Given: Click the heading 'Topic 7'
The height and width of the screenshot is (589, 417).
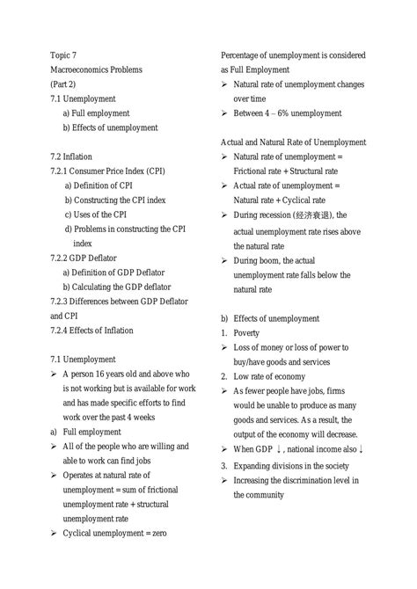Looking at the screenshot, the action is [64, 54].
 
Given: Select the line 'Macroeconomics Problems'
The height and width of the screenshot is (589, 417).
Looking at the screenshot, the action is [95, 69].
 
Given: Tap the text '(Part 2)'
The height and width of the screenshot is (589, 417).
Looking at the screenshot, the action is [65, 84].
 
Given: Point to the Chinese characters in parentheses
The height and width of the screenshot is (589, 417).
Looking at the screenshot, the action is [314, 215].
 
